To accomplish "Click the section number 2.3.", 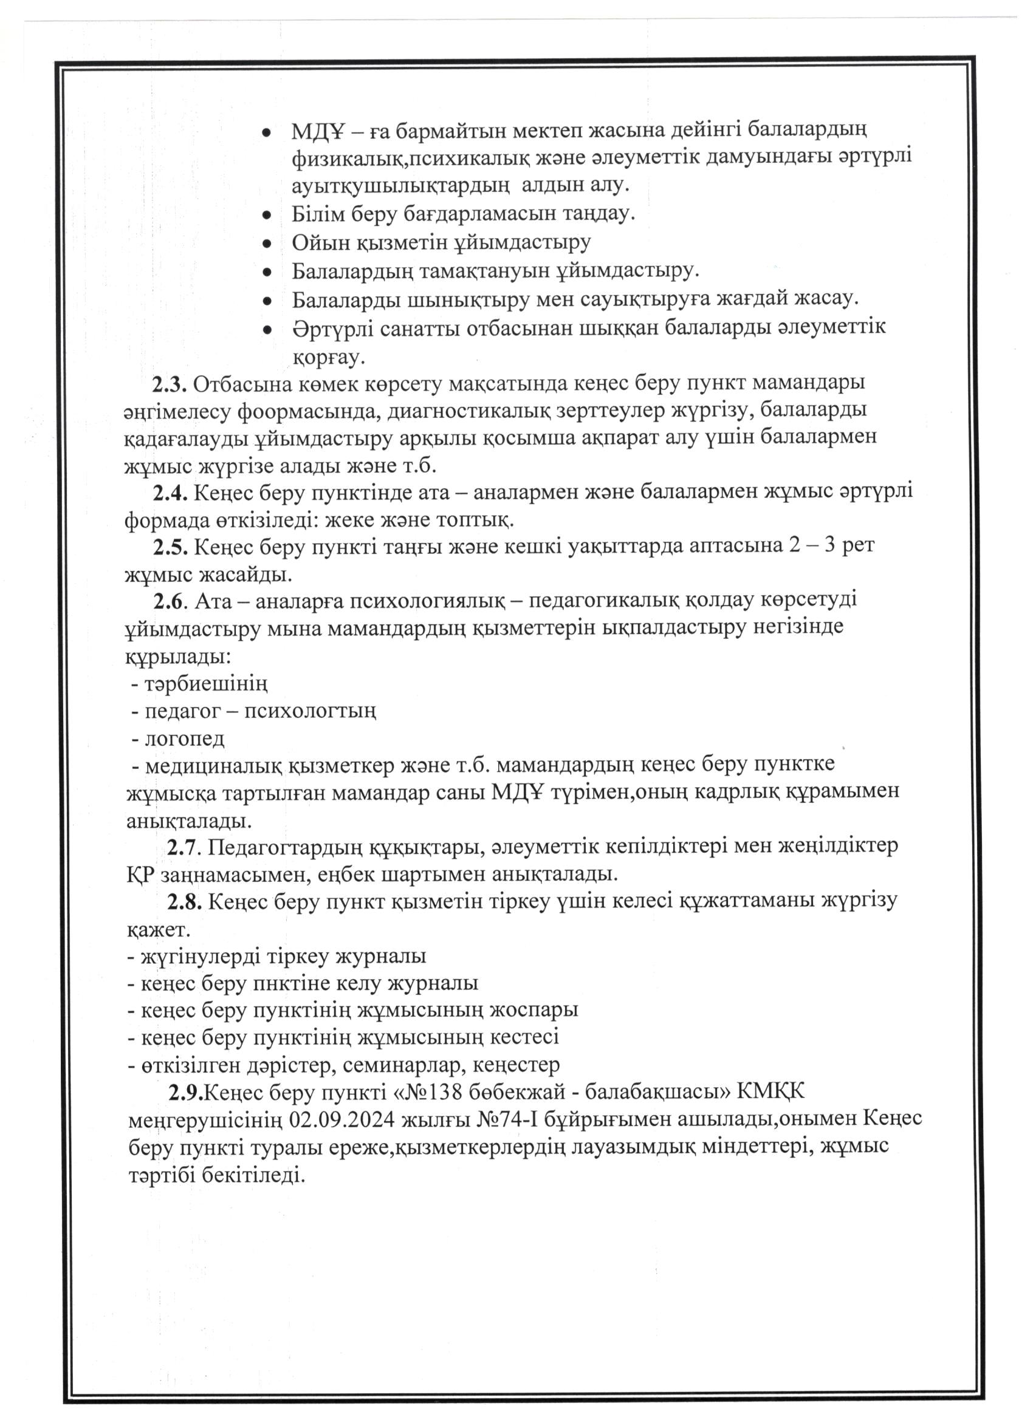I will pyautogui.click(x=169, y=384).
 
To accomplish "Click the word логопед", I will pyautogui.click(x=184, y=739).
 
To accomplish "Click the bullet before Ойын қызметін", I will pyautogui.click(x=267, y=243).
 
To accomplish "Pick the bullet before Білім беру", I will pyautogui.click(x=267, y=215).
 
